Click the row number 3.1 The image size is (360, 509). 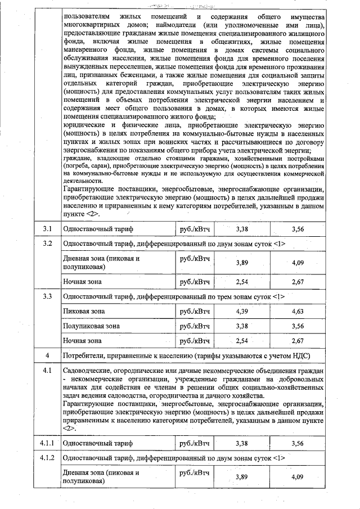tap(48, 229)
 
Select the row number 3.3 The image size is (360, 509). tap(48, 296)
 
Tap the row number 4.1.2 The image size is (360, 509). tap(48, 458)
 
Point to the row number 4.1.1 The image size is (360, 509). tap(48, 443)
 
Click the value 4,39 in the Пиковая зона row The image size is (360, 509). tap(242, 311)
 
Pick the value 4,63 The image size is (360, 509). tap(298, 311)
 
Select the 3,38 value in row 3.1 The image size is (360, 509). tap(242, 229)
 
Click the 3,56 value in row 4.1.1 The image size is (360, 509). tap(298, 444)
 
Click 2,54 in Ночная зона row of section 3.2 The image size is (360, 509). tap(242, 281)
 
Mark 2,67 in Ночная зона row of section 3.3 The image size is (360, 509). tap(298, 341)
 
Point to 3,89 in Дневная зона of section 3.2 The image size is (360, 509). tap(242, 263)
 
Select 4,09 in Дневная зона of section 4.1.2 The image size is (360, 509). tap(298, 478)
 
